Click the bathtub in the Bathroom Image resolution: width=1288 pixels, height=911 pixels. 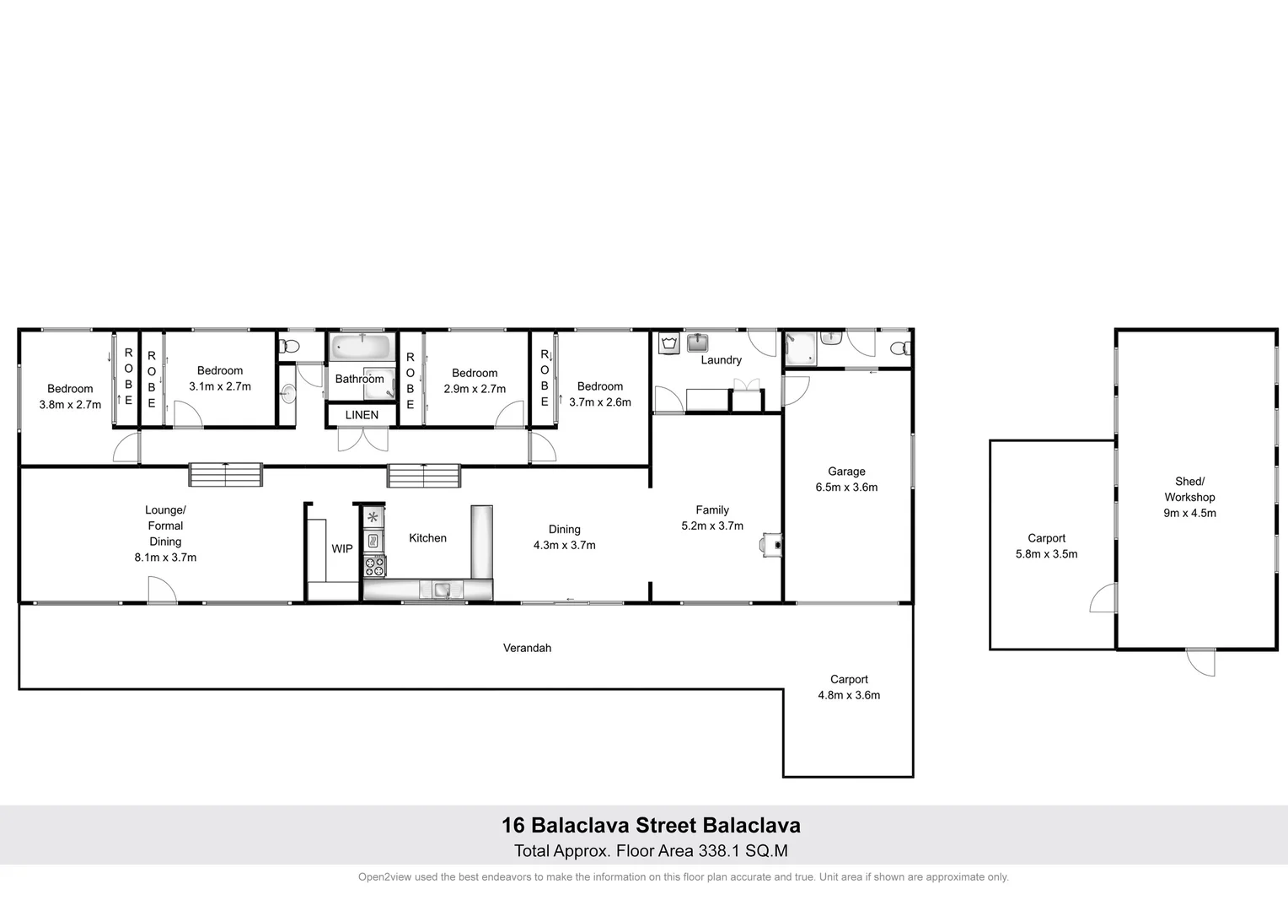pyautogui.click(x=362, y=348)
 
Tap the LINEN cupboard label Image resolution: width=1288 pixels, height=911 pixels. pyautogui.click(x=362, y=415)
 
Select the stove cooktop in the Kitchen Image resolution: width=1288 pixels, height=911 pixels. pyautogui.click(x=373, y=565)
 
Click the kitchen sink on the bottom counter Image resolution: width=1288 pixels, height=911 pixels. pyautogui.click(x=443, y=590)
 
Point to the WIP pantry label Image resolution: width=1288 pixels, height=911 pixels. pyautogui.click(x=342, y=549)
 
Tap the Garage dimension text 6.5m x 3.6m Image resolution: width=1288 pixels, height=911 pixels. pyautogui.click(x=846, y=488)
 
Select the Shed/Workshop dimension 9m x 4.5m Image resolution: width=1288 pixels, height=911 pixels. pyautogui.click(x=1189, y=513)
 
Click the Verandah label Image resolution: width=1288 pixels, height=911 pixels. pyautogui.click(x=527, y=648)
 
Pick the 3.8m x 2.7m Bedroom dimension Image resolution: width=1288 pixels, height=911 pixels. pyautogui.click(x=70, y=405)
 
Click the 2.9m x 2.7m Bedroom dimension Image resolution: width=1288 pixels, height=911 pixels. pyautogui.click(x=475, y=389)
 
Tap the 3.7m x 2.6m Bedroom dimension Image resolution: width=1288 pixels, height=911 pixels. pyautogui.click(x=600, y=402)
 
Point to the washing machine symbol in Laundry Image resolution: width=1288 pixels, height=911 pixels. pyautogui.click(x=671, y=344)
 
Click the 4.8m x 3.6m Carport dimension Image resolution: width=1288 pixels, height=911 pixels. pyautogui.click(x=849, y=695)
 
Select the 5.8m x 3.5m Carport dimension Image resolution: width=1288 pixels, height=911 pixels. pyautogui.click(x=1046, y=554)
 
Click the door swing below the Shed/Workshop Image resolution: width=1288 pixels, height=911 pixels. pyautogui.click(x=1201, y=661)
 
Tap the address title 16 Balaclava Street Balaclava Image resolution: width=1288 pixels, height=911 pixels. pyautogui.click(x=651, y=825)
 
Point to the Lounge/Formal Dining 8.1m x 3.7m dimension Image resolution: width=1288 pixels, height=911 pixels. pyautogui.click(x=165, y=558)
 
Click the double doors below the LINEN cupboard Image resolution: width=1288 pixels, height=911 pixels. pyautogui.click(x=363, y=439)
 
